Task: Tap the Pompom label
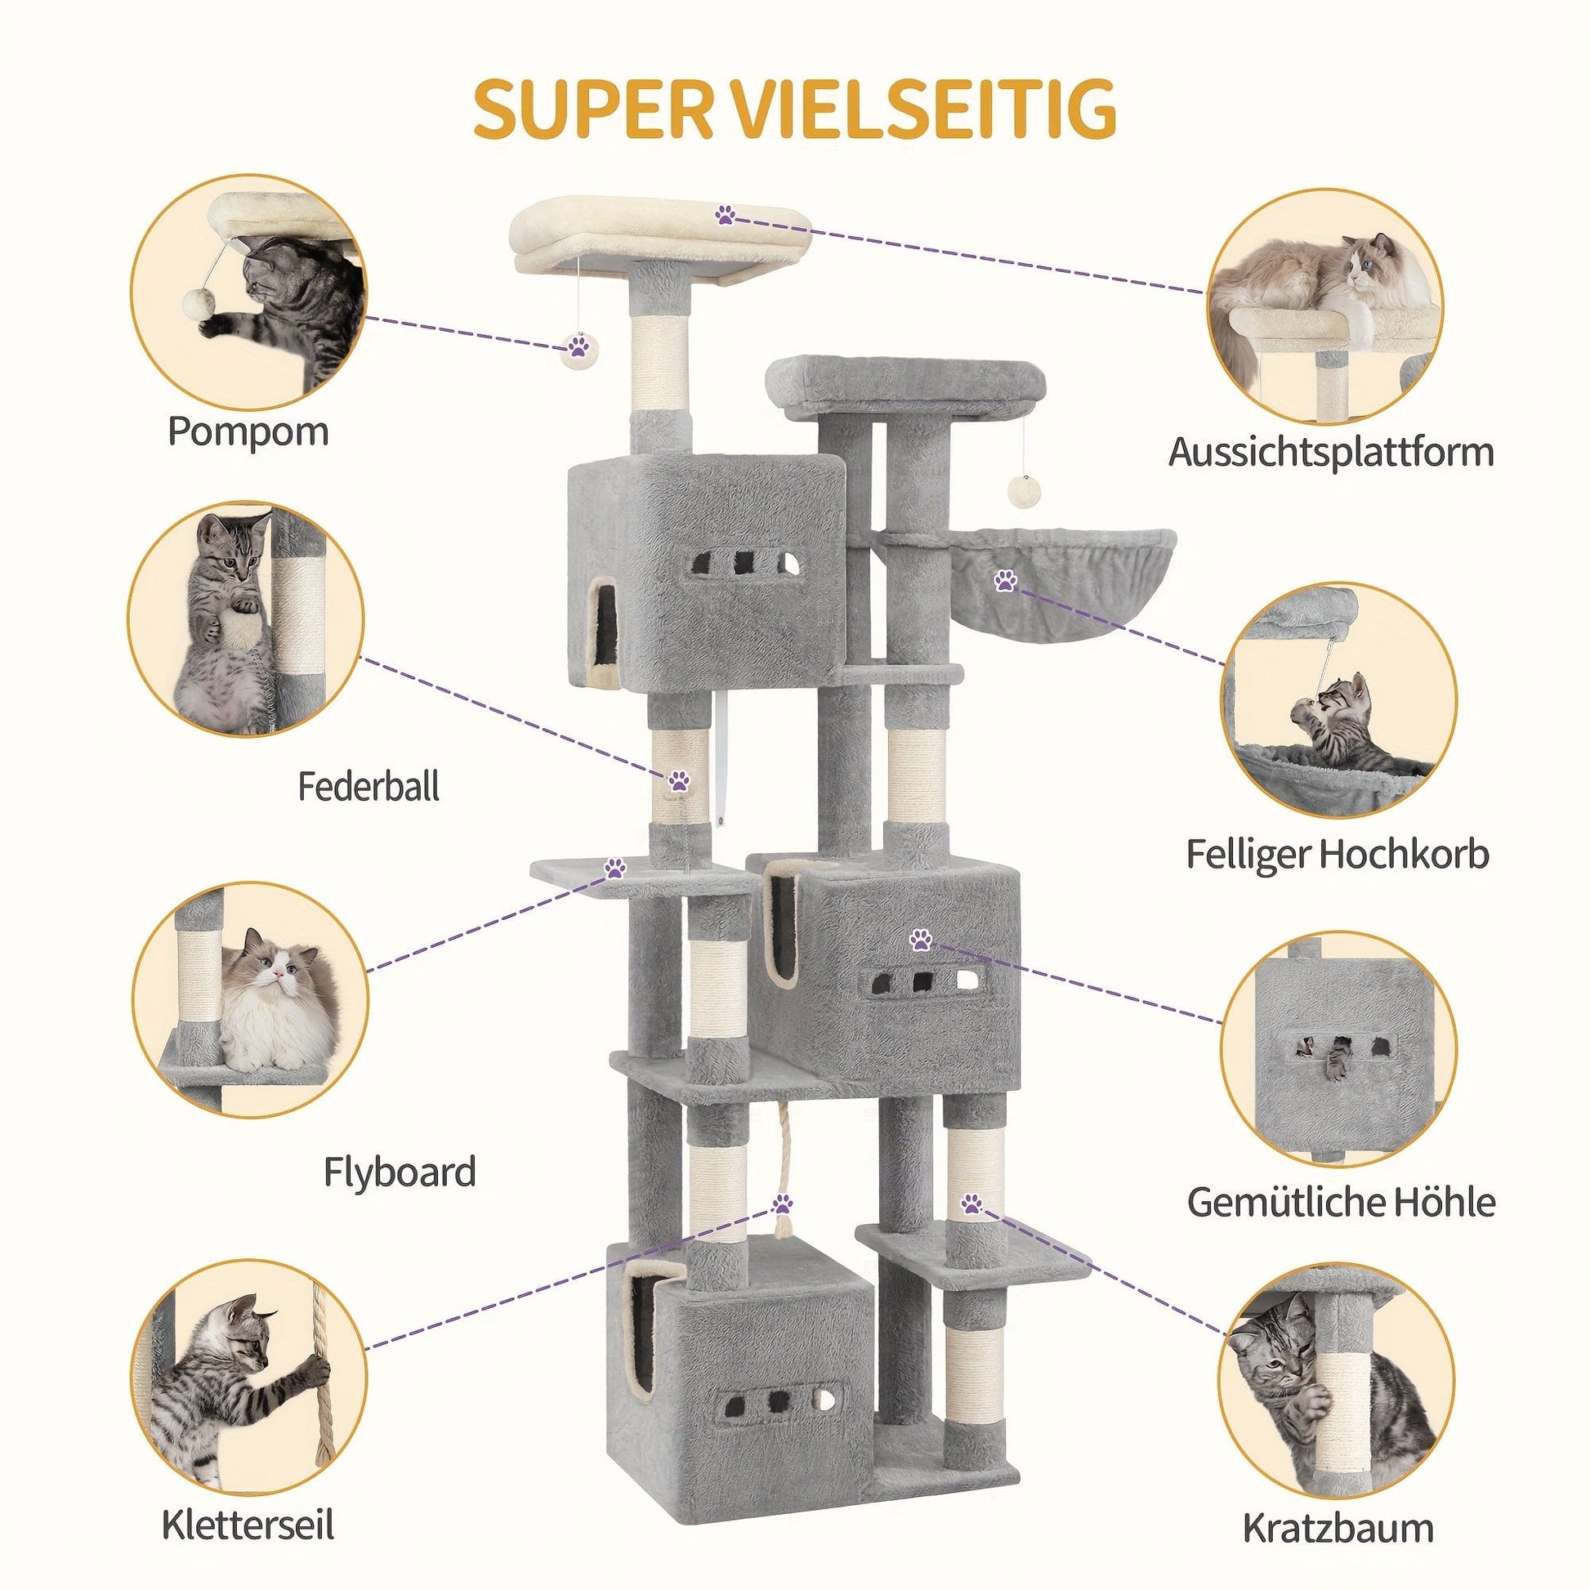[x=248, y=431]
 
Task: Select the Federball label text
[x=368, y=787]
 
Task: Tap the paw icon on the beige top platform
[x=725, y=216]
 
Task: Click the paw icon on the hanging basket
[x=1004, y=582]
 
